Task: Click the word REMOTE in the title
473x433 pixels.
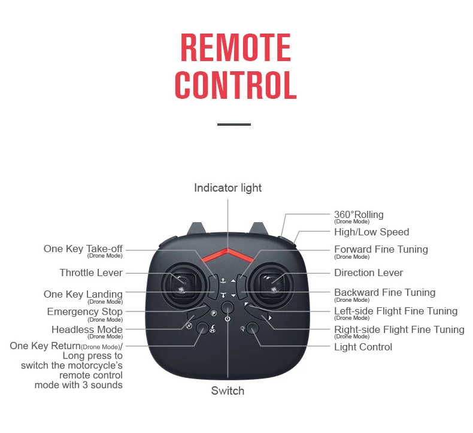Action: pyautogui.click(x=235, y=47)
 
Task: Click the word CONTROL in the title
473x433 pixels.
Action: pyautogui.click(x=235, y=85)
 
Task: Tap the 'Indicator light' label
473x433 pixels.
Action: pyautogui.click(x=228, y=188)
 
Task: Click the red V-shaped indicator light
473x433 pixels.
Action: pyautogui.click(x=228, y=255)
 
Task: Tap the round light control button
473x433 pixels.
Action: pyautogui.click(x=253, y=328)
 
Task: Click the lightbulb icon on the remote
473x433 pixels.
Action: pyautogui.click(x=242, y=328)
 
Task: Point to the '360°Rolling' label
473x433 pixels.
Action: pyautogui.click(x=359, y=214)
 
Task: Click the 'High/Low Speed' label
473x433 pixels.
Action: pyautogui.click(x=371, y=232)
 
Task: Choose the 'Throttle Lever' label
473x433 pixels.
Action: pyautogui.click(x=91, y=272)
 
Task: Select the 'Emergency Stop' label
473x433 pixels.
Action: pyautogui.click(x=85, y=311)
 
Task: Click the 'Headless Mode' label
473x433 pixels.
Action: pyautogui.click(x=87, y=329)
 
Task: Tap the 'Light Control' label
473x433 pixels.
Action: pyautogui.click(x=363, y=347)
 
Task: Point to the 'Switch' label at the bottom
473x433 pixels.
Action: pyautogui.click(x=228, y=390)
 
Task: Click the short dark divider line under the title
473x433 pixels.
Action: pyautogui.click(x=234, y=125)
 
